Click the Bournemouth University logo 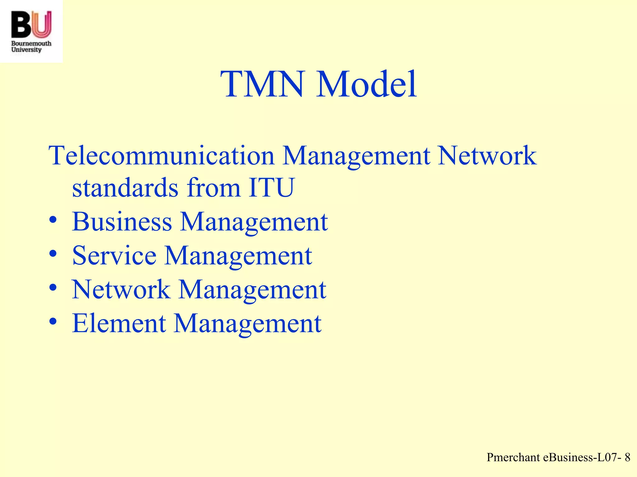click(31, 31)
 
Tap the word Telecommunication click(161, 156)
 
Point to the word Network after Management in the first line click(487, 156)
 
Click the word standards click(125, 188)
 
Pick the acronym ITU click(271, 188)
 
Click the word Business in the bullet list click(122, 222)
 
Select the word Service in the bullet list click(114, 256)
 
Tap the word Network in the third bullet click(121, 289)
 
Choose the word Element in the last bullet click(119, 323)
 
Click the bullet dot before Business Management click(53, 220)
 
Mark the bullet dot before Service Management click(53, 254)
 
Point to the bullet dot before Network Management click(53, 288)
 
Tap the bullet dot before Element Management click(53, 321)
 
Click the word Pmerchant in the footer click(513, 457)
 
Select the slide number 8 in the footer click(627, 457)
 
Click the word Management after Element click(248, 323)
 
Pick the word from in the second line click(214, 188)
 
